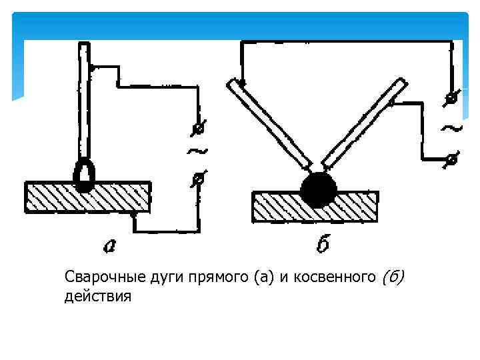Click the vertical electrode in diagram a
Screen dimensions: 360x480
pyautogui.click(x=84, y=100)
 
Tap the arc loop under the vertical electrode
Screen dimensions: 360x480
pyautogui.click(x=84, y=174)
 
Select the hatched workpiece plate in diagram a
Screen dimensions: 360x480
pyautogui.click(x=87, y=197)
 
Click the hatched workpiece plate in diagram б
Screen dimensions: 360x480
pyautogui.click(x=315, y=208)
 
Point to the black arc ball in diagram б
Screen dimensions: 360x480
pyautogui.click(x=317, y=189)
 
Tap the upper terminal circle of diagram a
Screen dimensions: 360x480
pyautogui.click(x=198, y=127)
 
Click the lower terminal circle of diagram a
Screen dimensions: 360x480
pyautogui.click(x=198, y=178)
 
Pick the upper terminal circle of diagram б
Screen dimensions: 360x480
pyautogui.click(x=451, y=98)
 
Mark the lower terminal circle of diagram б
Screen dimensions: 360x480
pyautogui.click(x=451, y=159)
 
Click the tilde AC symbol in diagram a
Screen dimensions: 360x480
pyautogui.click(x=197, y=152)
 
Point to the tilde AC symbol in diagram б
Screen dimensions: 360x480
pyautogui.click(x=451, y=127)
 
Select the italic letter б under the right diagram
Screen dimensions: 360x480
pyautogui.click(x=322, y=245)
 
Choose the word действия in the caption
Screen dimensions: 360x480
pyautogui.click(x=98, y=295)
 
